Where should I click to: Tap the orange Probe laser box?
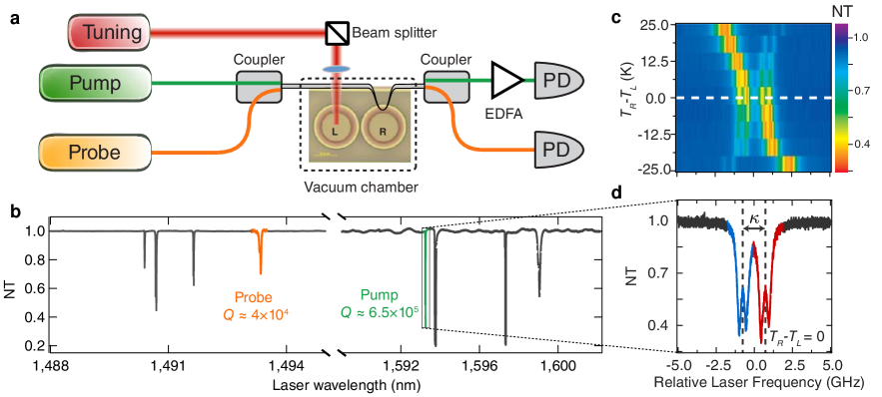click(x=95, y=153)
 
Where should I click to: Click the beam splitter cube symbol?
click(x=337, y=34)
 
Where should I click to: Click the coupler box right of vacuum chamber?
click(x=445, y=88)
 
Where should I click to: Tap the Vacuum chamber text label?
click(x=360, y=187)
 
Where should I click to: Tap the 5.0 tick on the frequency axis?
click(x=831, y=365)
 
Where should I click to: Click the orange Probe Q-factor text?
click(x=254, y=304)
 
